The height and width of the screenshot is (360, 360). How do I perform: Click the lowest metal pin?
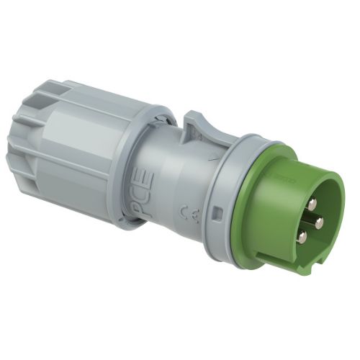[x=302, y=237]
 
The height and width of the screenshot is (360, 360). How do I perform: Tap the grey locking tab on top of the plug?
[x=196, y=126]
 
